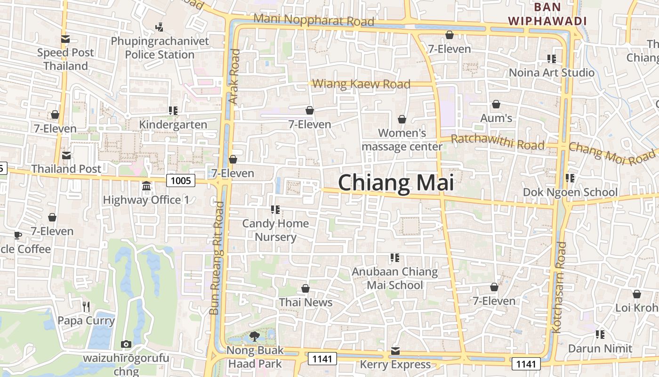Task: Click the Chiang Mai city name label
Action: coord(396,183)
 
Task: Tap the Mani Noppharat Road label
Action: coord(313,20)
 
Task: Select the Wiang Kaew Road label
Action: coord(361,84)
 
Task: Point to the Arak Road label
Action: coord(234,77)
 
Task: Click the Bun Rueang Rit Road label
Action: coord(217,258)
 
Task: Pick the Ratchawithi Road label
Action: coord(498,141)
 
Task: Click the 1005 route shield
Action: coord(181,180)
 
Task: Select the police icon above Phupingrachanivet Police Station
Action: coord(160,27)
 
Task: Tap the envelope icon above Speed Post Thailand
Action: coord(65,39)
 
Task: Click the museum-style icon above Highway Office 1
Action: coord(146,186)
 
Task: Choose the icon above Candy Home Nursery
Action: coord(275,209)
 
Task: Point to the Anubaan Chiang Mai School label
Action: coord(395,279)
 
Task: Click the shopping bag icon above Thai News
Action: coord(305,288)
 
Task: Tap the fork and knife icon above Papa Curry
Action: coord(86,307)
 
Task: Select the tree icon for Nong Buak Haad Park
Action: coord(255,336)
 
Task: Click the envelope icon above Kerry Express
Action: coord(395,351)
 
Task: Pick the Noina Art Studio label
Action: coord(552,73)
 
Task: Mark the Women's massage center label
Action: coord(402,140)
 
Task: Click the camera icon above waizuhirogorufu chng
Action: coord(126,344)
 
